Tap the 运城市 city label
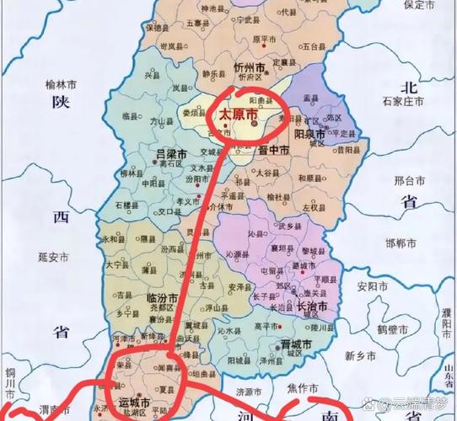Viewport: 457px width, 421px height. [134, 402]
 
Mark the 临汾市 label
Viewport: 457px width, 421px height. [162, 299]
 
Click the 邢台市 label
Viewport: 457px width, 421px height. [408, 179]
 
